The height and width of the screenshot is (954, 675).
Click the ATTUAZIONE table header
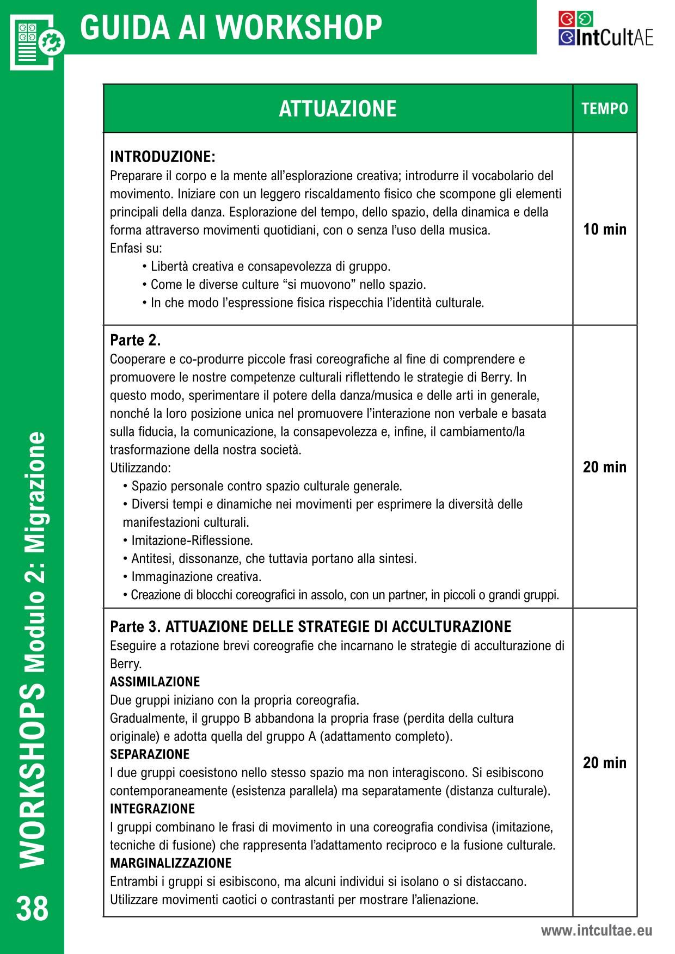pyautogui.click(x=337, y=109)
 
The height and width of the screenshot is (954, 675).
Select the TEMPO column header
pyautogui.click(x=605, y=109)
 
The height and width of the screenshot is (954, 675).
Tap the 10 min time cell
pyautogui.click(x=605, y=229)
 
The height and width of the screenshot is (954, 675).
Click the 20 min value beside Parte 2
pyautogui.click(x=605, y=467)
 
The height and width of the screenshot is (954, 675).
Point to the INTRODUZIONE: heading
pyautogui.click(x=163, y=157)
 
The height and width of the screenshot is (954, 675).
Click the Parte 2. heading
pyautogui.click(x=136, y=341)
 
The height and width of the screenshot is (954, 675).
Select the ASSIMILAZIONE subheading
pyautogui.click(x=155, y=682)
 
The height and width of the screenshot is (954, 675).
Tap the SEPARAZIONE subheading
pyautogui.click(x=150, y=754)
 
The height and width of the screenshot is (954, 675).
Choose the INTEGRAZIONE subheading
pyautogui.click(x=152, y=809)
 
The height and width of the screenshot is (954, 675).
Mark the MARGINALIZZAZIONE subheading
pyautogui.click(x=171, y=863)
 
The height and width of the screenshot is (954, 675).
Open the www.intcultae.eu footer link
pyautogui.click(x=596, y=931)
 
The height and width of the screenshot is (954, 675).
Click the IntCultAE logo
pyautogui.click(x=605, y=29)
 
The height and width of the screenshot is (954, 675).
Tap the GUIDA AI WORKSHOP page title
pyautogui.click(x=231, y=27)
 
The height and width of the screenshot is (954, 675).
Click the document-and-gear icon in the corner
pyautogui.click(x=36, y=41)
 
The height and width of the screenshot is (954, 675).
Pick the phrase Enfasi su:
pyautogui.click(x=136, y=249)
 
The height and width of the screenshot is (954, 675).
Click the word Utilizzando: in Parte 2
pyautogui.click(x=140, y=468)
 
